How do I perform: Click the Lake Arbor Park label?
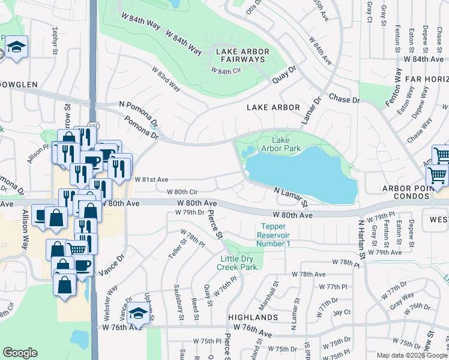pyautogui.click(x=276, y=143)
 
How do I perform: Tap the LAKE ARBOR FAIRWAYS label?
pyautogui.click(x=240, y=56)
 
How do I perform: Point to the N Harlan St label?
pyautogui.click(x=361, y=239)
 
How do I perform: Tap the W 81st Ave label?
pyautogui.click(x=151, y=179)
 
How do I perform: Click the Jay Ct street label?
pyautogui.click(x=342, y=312)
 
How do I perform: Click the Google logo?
pyautogui.click(x=20, y=353)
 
